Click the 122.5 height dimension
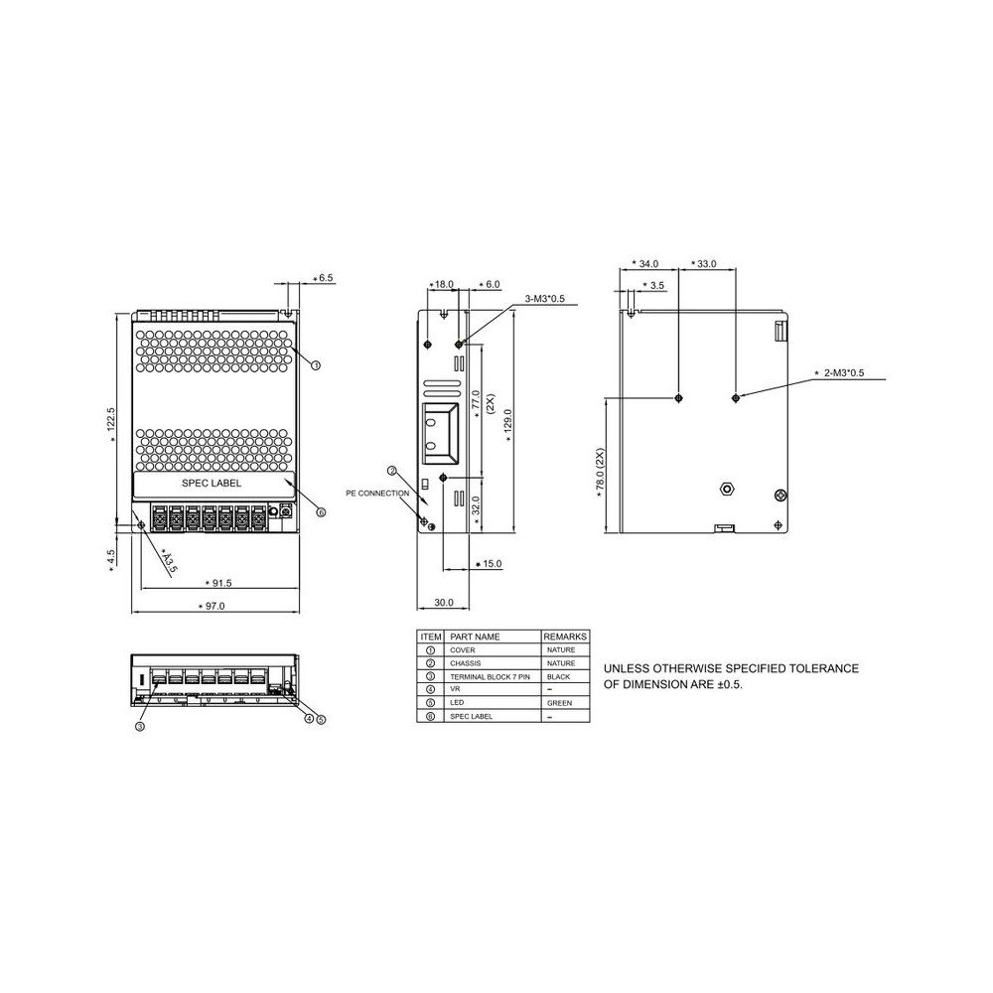point(112,424)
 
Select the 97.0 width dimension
point(213,606)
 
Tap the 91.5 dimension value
point(219,582)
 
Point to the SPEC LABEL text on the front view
point(211,484)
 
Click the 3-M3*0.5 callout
point(544,299)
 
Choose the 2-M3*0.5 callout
point(844,373)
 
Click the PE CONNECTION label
point(376,493)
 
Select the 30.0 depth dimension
point(443,603)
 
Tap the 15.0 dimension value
point(492,564)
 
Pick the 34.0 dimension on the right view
point(647,264)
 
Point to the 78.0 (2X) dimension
point(600,474)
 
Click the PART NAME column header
point(475,637)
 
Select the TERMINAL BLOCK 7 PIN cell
point(491,676)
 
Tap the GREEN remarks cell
point(559,703)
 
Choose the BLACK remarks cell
point(559,676)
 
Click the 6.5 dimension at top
point(326,278)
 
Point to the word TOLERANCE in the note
point(823,669)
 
